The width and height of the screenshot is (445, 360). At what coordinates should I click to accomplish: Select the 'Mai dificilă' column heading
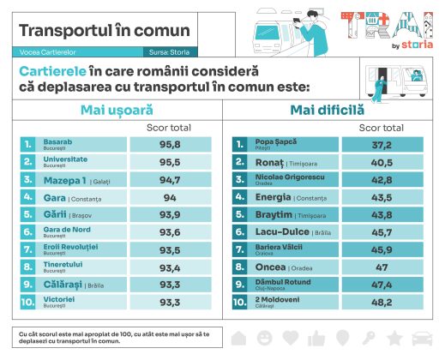[x=327, y=110]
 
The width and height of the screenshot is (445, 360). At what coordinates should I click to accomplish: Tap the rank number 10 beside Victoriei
[x=28, y=302]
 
